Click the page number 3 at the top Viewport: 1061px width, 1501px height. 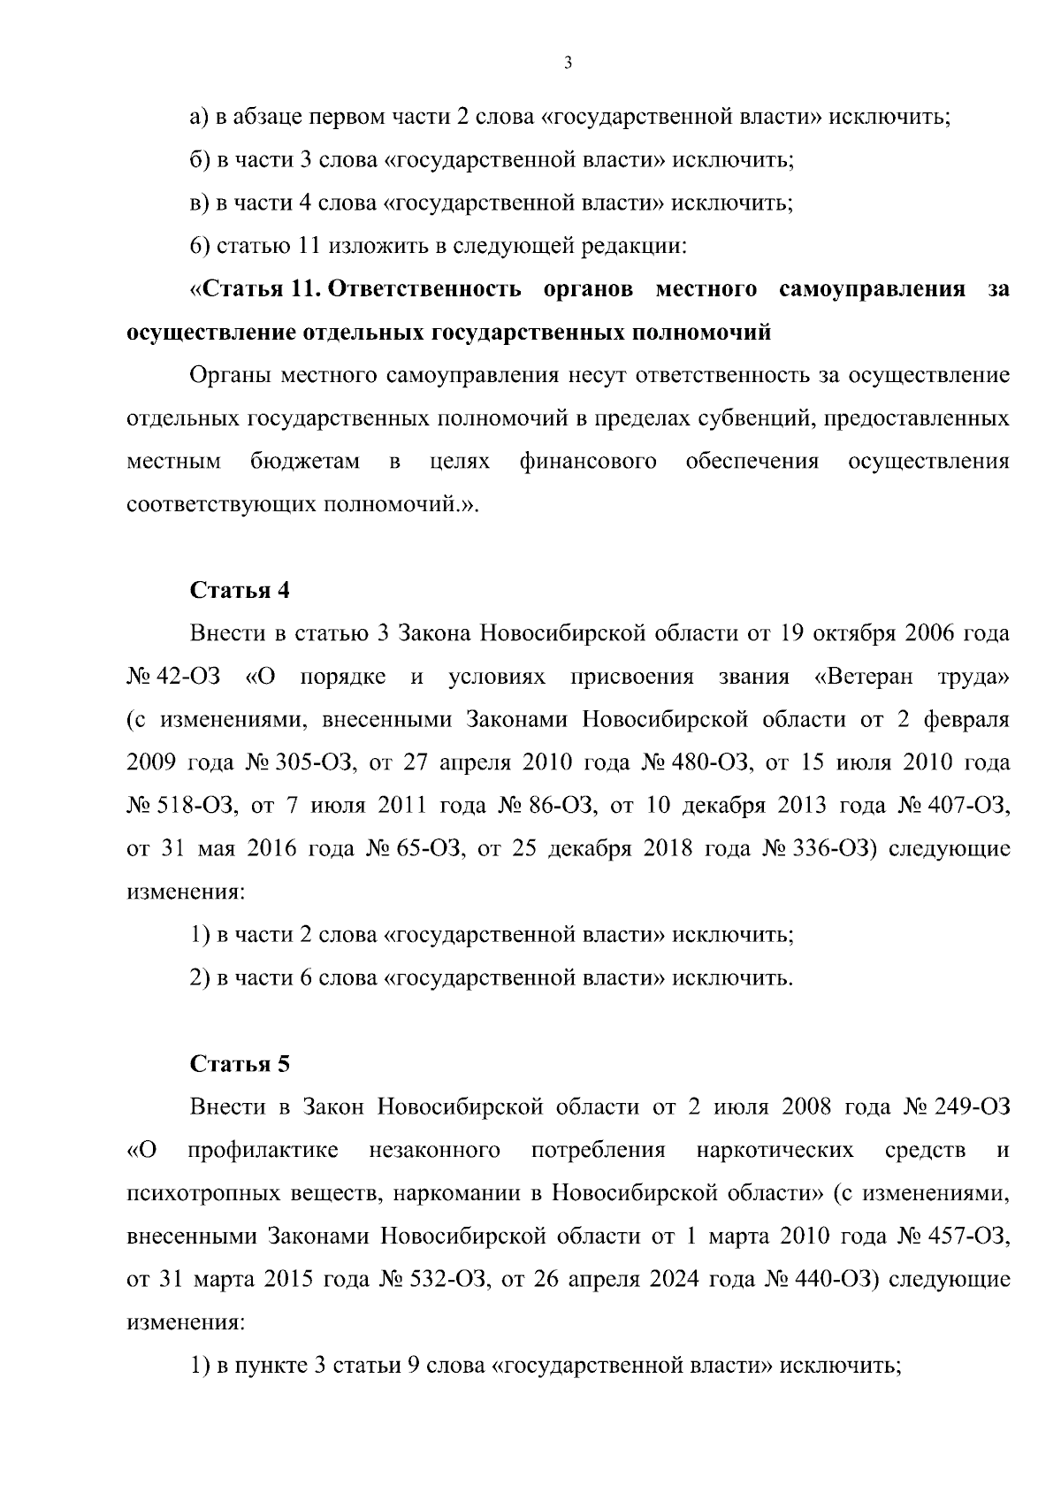coord(568,63)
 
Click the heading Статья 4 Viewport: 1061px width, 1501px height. coord(240,591)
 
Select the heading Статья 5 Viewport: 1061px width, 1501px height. coord(240,1064)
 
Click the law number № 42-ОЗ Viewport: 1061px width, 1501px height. coord(172,678)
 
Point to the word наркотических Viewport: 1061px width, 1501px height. coord(775,1151)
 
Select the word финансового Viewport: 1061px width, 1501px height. coord(588,462)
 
